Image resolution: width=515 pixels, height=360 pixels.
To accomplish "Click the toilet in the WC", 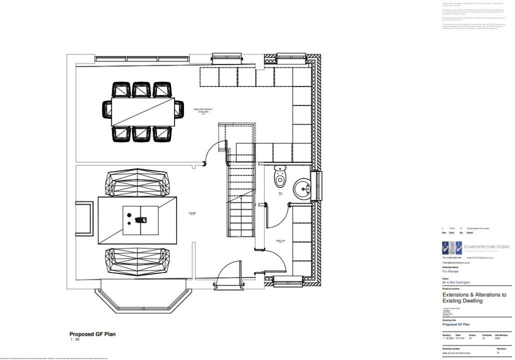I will [280, 177].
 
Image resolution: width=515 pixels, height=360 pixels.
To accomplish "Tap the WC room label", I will [281, 193].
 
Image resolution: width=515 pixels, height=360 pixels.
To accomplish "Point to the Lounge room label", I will [192, 213].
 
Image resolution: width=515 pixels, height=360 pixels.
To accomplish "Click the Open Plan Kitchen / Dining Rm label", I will [204, 111].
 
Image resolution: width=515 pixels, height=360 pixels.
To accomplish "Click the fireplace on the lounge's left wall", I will [84, 218].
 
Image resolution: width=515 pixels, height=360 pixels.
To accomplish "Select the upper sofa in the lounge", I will [137, 185].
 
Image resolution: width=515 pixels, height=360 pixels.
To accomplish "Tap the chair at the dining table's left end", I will [107, 109].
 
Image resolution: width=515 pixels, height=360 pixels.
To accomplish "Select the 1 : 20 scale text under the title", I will [75, 340].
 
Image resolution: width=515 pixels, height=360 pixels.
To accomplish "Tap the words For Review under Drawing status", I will [450, 271].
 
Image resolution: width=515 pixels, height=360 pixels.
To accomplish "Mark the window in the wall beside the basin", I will [316, 186].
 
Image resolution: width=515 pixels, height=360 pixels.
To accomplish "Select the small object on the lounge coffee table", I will [142, 220].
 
